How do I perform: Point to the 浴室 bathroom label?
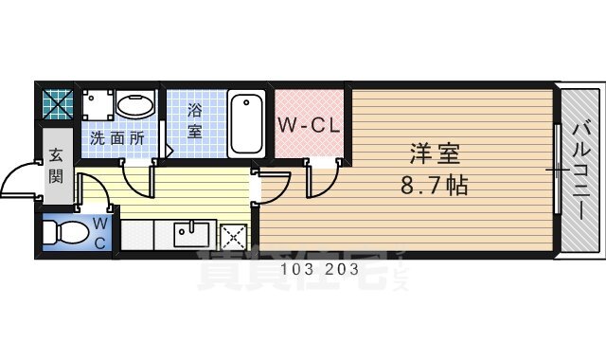[194, 120]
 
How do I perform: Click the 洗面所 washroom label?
[117, 138]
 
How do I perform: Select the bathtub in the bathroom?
[248, 123]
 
